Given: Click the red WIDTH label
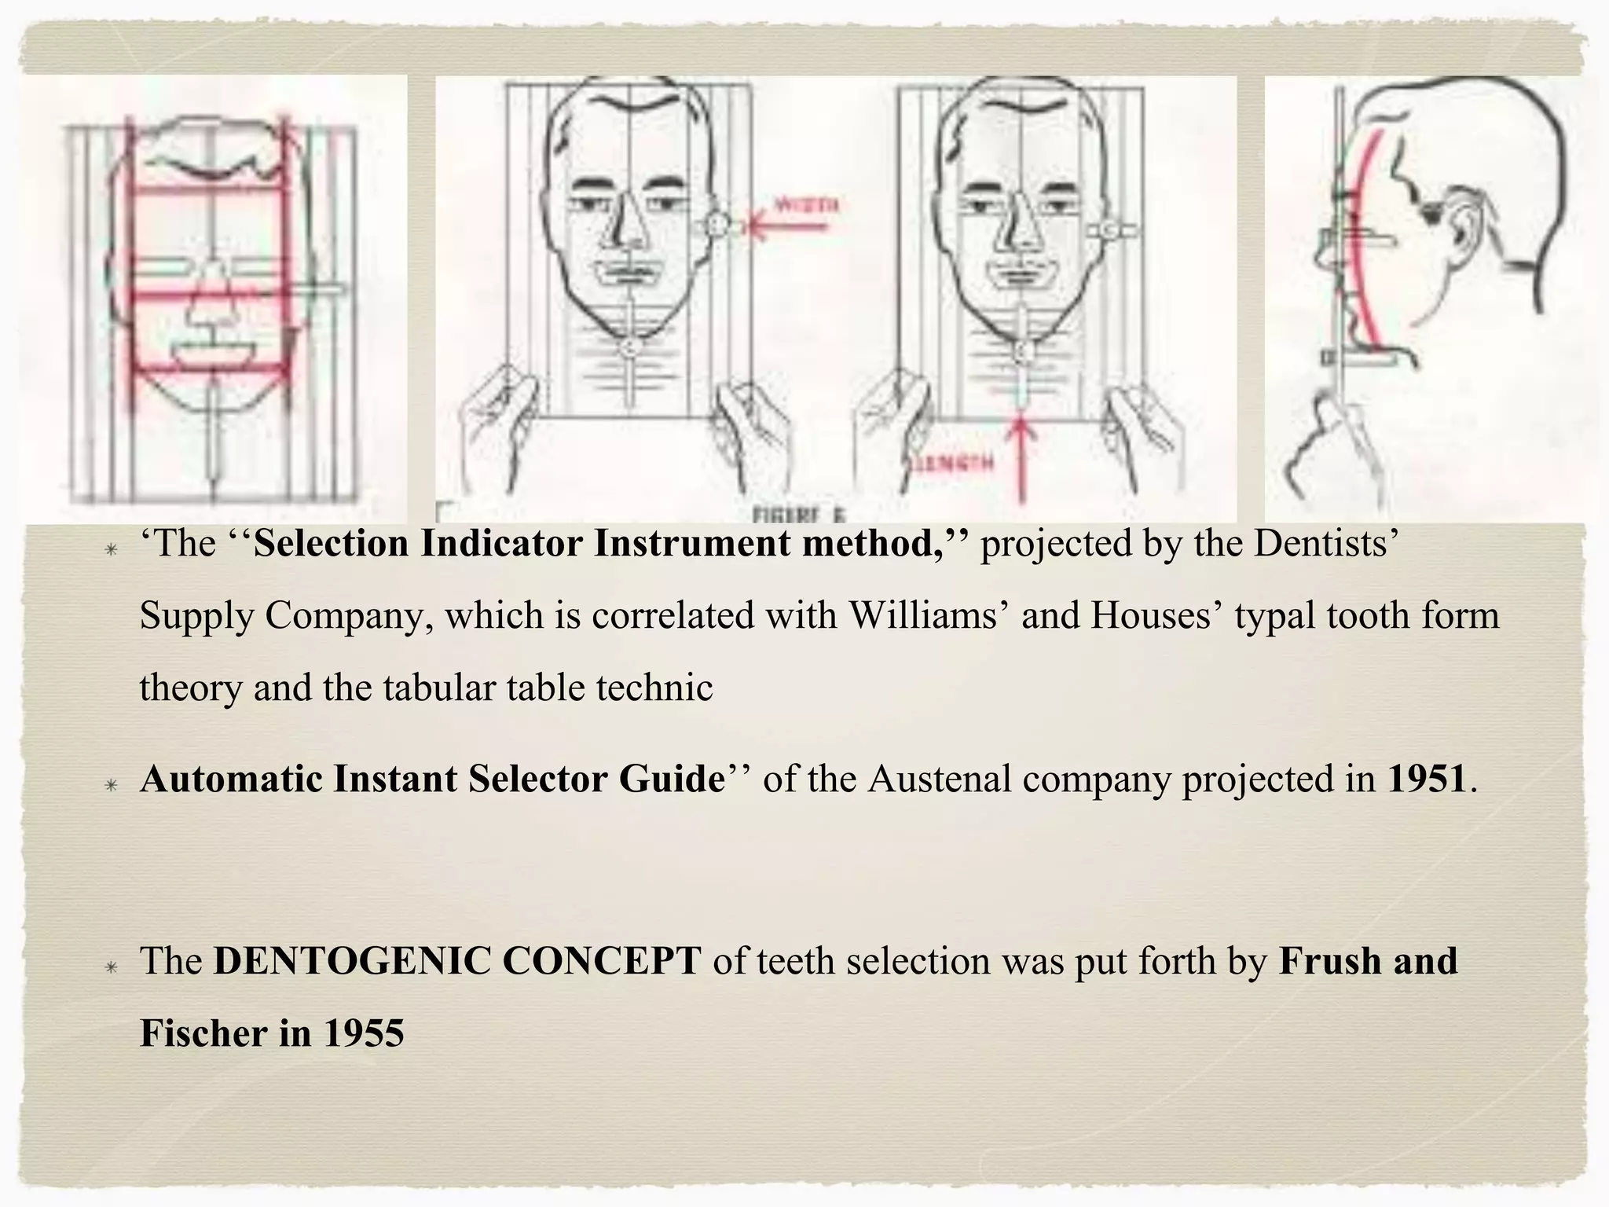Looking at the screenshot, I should (806, 206).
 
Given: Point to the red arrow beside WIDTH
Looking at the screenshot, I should (786, 228).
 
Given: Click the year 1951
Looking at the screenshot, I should (1427, 779).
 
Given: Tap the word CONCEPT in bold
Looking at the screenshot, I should (601, 960).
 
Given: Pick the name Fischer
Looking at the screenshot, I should (203, 1033).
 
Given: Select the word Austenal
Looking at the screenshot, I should (940, 779).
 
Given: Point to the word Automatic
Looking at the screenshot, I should (231, 779).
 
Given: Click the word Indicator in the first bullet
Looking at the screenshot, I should (500, 543).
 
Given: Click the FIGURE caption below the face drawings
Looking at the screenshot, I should (797, 515).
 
